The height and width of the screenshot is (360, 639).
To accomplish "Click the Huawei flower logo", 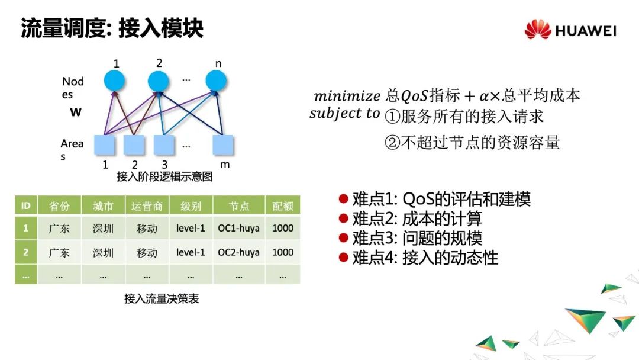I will point(537,29).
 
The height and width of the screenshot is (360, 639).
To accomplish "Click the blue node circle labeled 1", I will point(116,82).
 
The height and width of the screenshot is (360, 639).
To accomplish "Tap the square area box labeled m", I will point(223,145).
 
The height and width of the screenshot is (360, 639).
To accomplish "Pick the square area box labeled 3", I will point(164,145).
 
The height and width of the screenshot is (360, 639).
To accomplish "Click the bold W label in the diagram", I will point(76,112).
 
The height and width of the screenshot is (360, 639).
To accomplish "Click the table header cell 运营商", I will point(147,206).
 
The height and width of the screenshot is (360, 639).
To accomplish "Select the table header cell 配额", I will point(283,206).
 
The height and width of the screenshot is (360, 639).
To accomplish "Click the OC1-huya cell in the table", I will point(238,228).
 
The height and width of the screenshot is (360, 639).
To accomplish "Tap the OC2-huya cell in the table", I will point(238,252).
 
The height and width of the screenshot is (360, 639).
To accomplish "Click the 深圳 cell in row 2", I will point(103,252).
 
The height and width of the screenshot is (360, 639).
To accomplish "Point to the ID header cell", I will point(25,206).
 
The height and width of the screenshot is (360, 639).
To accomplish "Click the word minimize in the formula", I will point(347,96).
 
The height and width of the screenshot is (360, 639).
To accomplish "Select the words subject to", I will point(344,113).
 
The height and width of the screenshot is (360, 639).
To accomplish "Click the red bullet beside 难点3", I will point(343,238).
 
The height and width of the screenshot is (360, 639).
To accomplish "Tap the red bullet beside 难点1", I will point(343,199).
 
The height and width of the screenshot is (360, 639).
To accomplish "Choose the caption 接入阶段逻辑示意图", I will point(164,176).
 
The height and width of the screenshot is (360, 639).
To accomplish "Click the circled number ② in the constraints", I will point(392,142).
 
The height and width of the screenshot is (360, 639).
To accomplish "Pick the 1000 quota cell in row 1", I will point(283,228).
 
